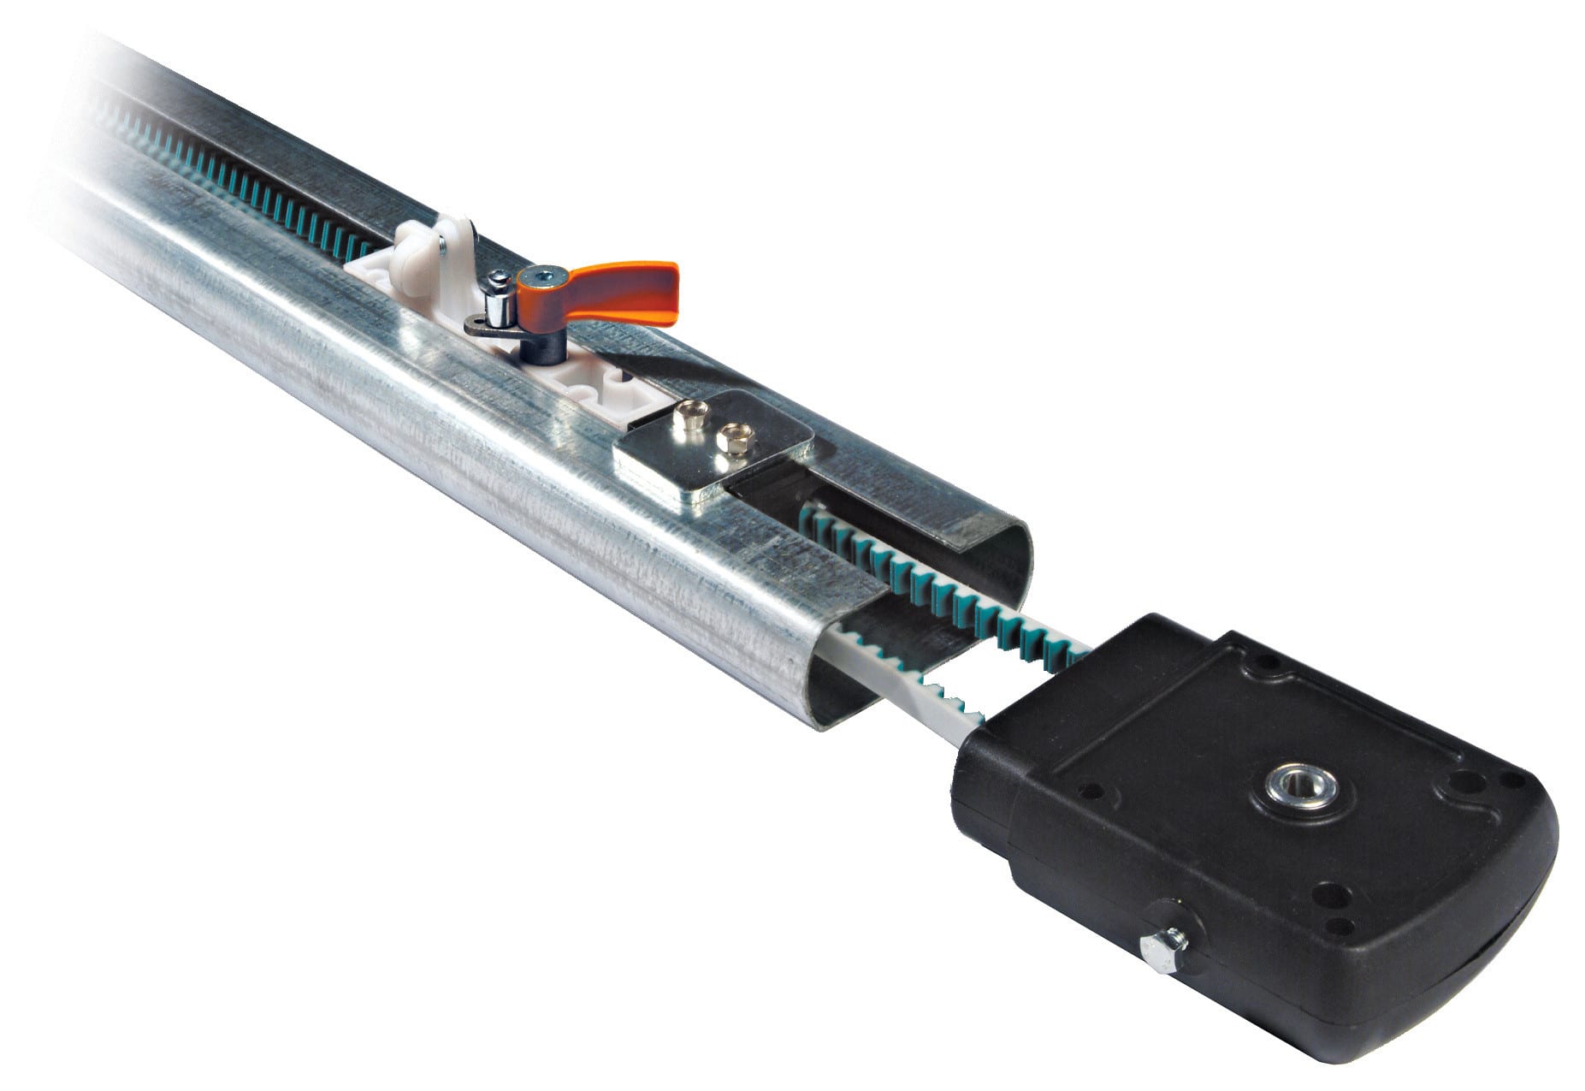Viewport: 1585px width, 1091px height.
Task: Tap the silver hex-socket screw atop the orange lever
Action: click(x=539, y=276)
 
